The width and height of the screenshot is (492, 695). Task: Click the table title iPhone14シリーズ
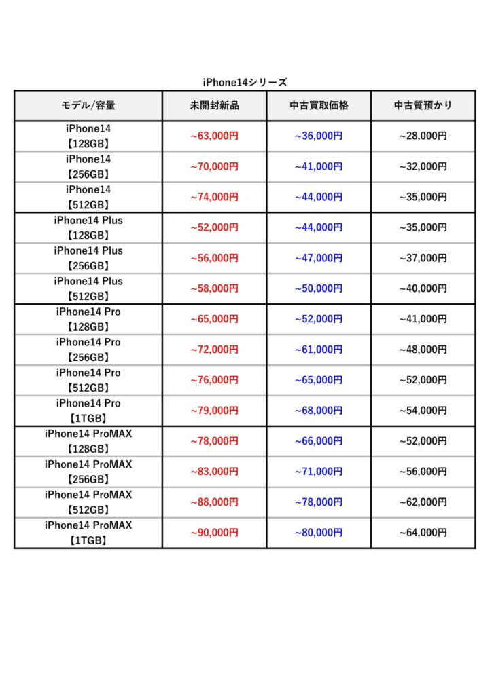pyautogui.click(x=245, y=82)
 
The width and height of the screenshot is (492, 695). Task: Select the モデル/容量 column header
pyautogui.click(x=88, y=106)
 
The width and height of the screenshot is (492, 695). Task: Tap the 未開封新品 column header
pyautogui.click(x=214, y=106)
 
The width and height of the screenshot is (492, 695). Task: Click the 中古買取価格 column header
pyautogui.click(x=319, y=106)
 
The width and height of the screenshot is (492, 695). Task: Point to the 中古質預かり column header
pyautogui.click(x=423, y=106)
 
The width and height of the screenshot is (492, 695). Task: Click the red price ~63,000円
pyautogui.click(x=214, y=136)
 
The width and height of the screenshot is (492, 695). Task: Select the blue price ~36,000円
pyautogui.click(x=319, y=136)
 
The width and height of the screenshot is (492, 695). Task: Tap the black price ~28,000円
pyautogui.click(x=423, y=136)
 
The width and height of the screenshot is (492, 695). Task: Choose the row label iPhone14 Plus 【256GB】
pyautogui.click(x=88, y=258)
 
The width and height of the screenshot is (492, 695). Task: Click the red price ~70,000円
pyautogui.click(x=214, y=166)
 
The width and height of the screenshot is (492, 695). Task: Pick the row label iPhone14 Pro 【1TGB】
pyautogui.click(x=88, y=411)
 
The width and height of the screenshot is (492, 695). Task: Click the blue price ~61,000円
pyautogui.click(x=319, y=350)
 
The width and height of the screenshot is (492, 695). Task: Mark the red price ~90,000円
pyautogui.click(x=214, y=533)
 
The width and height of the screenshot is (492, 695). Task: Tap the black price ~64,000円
pyautogui.click(x=423, y=533)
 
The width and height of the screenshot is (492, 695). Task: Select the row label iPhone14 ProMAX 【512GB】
pyautogui.click(x=88, y=502)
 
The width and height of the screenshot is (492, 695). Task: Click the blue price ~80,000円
pyautogui.click(x=319, y=533)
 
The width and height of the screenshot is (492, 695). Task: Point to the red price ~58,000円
pyautogui.click(x=214, y=288)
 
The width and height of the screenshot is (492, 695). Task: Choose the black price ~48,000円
pyautogui.click(x=423, y=350)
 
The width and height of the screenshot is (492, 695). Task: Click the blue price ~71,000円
pyautogui.click(x=319, y=472)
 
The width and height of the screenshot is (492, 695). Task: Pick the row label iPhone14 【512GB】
pyautogui.click(x=88, y=197)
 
